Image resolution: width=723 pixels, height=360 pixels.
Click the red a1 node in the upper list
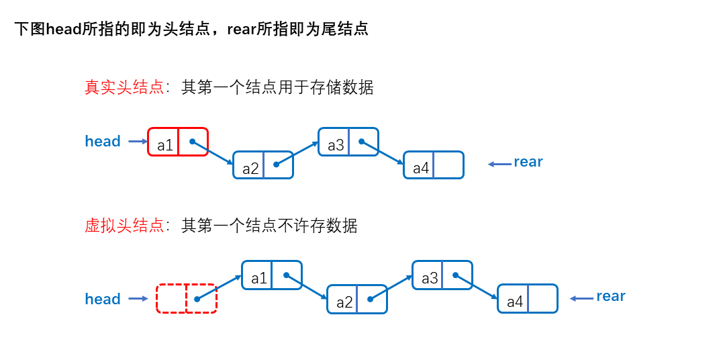(x=178, y=142)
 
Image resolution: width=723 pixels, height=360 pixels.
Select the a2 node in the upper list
(x=263, y=165)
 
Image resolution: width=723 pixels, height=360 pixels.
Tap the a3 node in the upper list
(x=348, y=142)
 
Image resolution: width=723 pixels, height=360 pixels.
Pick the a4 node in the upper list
(x=434, y=165)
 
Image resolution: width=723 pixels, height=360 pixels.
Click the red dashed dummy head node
(x=187, y=298)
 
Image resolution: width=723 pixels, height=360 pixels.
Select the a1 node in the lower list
(x=272, y=275)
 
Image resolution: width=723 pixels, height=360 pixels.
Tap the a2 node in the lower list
(x=357, y=299)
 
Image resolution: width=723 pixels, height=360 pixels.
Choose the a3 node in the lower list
(x=442, y=275)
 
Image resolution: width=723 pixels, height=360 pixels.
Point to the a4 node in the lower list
(x=528, y=299)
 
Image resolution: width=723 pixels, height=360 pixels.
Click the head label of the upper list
(x=103, y=142)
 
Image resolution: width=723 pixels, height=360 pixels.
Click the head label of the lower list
(x=103, y=300)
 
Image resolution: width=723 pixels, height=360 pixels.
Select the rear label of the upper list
(x=528, y=162)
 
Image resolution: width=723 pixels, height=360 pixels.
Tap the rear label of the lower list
(x=611, y=296)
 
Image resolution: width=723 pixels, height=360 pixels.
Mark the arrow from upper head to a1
(x=137, y=142)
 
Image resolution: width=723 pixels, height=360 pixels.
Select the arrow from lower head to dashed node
(x=138, y=299)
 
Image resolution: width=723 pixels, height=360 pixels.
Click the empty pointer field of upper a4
(x=448, y=165)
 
